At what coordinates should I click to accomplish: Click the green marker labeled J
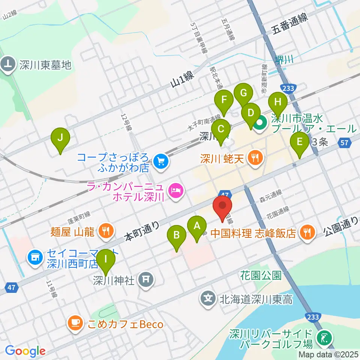[x=60, y=138]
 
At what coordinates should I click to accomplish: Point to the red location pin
[x=223, y=207]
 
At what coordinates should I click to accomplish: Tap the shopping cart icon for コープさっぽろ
[x=162, y=162]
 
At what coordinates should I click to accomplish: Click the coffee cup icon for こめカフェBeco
[x=75, y=324]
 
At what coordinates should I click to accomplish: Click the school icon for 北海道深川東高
[x=209, y=299]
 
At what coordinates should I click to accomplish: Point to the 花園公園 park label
[x=261, y=276]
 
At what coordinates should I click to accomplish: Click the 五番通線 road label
[x=290, y=23]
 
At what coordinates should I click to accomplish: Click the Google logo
[x=25, y=351]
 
